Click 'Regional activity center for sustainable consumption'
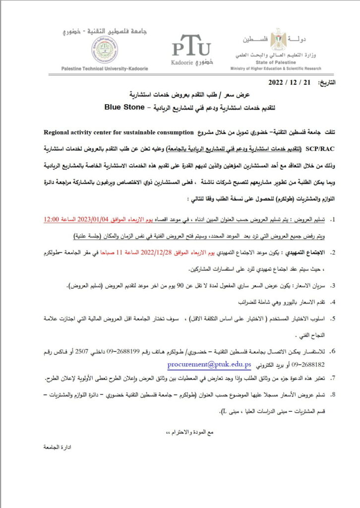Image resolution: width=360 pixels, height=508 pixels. pos(118,133)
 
